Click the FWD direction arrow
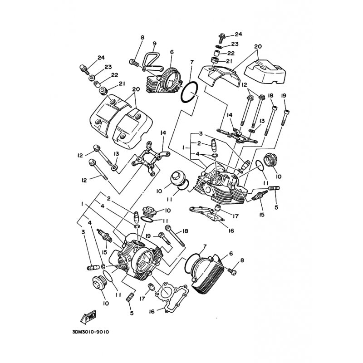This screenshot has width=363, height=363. click(88, 316)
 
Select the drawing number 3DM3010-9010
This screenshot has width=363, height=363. click(91, 332)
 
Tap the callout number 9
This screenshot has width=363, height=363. click(154, 43)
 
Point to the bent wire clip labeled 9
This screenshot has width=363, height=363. click(151, 61)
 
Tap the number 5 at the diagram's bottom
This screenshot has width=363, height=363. click(132, 313)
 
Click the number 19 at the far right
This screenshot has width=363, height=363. click(284, 96)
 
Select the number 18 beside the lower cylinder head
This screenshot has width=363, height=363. click(185, 231)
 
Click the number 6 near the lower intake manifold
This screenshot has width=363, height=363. click(231, 254)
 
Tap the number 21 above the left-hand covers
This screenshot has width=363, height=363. click(122, 83)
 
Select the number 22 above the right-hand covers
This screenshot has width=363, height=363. click(231, 53)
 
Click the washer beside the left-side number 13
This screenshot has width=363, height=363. click(114, 167)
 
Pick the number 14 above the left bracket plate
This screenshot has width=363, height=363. click(163, 132)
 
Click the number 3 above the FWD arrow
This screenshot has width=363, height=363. click(83, 232)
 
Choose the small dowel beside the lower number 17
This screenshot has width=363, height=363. click(151, 287)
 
